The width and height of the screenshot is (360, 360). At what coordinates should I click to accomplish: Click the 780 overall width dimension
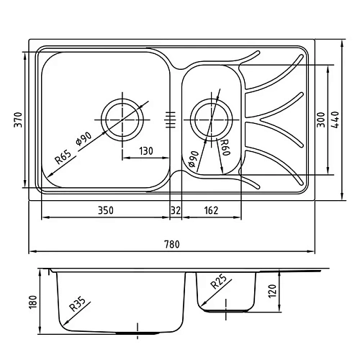coord(172,244)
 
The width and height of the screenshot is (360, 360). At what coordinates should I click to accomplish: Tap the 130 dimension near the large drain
coord(145,150)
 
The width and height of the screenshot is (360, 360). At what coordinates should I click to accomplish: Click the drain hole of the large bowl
coord(122,115)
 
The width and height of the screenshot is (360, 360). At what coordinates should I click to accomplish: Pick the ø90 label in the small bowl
coord(193,159)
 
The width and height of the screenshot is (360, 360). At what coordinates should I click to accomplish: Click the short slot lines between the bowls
coord(171,117)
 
